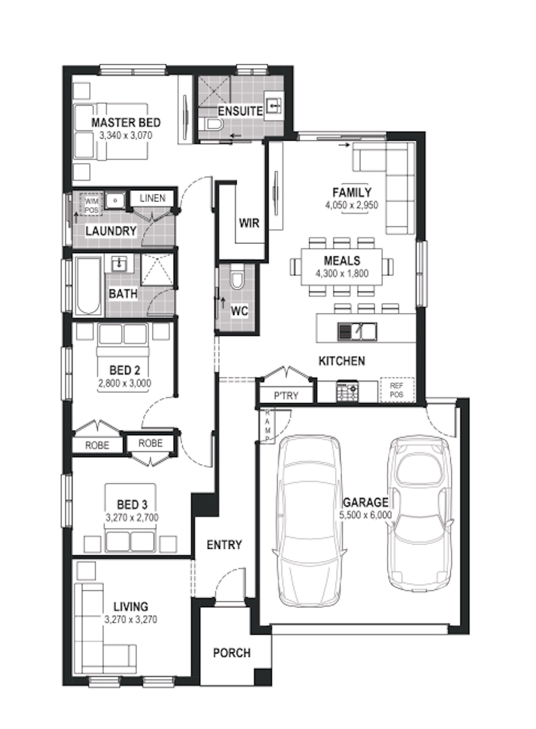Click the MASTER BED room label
(126, 123)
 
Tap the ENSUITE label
(240, 111)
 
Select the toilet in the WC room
(237, 277)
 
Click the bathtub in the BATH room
(88, 286)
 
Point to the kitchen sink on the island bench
(357, 331)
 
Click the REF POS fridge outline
(397, 390)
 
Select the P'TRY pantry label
(286, 395)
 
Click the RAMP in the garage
(268, 426)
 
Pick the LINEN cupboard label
(153, 198)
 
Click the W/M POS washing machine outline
(91, 205)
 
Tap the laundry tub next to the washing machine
(115, 200)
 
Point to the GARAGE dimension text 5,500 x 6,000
(365, 515)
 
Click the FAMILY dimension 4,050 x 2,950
(352, 205)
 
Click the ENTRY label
(224, 545)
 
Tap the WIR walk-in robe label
(249, 223)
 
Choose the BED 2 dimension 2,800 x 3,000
(125, 383)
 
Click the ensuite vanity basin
(274, 105)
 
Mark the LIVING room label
(131, 607)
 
